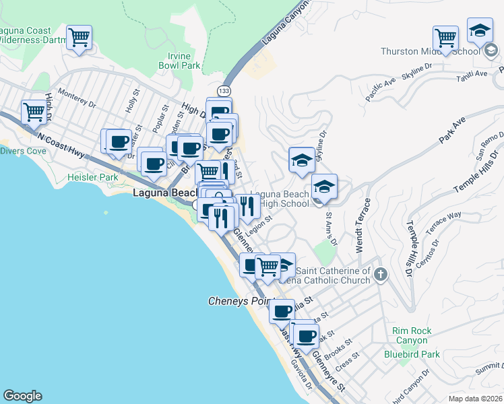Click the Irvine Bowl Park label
click(179, 61)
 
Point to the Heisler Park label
click(92, 178)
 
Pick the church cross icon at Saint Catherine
click(381, 274)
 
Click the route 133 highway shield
click(223, 90)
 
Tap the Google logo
click(22, 396)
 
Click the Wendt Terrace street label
click(363, 225)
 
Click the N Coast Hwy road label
click(61, 145)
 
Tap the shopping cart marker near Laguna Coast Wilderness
click(80, 38)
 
